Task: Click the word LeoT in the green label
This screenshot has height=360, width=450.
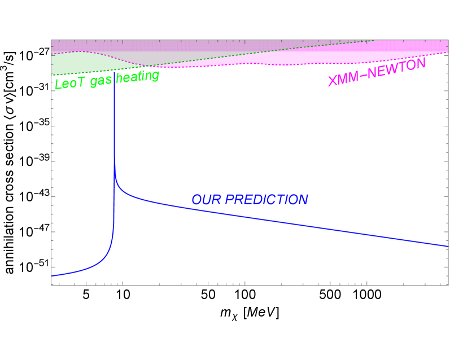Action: click(66, 84)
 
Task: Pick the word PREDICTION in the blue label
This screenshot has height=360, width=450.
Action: click(266, 200)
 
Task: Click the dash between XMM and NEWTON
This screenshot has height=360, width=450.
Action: click(366, 74)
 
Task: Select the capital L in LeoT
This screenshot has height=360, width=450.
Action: click(58, 85)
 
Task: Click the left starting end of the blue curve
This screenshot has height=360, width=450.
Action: click(52, 275)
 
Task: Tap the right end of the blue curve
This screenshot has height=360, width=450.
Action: click(448, 246)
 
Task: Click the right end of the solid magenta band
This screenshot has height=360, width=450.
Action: click(445, 47)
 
